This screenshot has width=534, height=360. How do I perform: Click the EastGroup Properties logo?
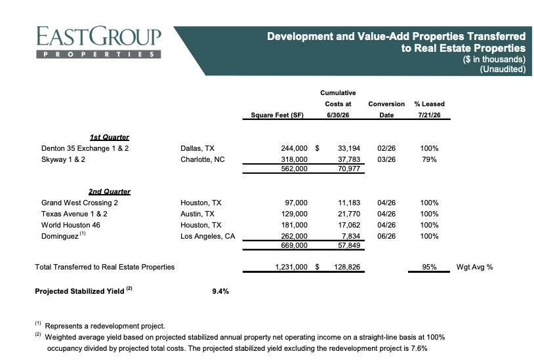[98, 42]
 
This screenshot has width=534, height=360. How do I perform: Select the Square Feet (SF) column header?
[277, 115]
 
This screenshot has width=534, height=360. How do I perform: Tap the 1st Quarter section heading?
[110, 137]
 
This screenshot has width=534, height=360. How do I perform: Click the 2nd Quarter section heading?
[110, 191]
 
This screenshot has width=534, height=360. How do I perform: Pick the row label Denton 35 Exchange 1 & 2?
[85, 148]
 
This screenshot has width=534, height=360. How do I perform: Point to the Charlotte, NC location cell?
[203, 159]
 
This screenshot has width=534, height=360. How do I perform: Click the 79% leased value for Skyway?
[429, 159]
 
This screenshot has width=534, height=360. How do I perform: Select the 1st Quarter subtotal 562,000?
[295, 169]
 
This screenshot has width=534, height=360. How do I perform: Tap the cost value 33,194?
[349, 148]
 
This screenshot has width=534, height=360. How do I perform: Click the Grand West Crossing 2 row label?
[79, 203]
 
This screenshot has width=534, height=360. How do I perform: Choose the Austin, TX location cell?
[197, 214]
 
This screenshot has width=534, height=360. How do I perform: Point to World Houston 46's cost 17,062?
[349, 226]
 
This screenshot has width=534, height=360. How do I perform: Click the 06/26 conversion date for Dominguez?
[386, 236]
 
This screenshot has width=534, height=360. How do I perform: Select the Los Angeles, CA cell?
[208, 236]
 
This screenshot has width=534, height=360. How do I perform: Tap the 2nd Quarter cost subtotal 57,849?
[349, 245]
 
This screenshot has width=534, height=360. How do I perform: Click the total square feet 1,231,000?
[291, 267]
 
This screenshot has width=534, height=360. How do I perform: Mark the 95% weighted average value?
[429, 267]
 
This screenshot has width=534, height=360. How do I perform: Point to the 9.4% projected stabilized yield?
[220, 291]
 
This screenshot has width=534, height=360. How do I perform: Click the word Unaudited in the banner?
[503, 69]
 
